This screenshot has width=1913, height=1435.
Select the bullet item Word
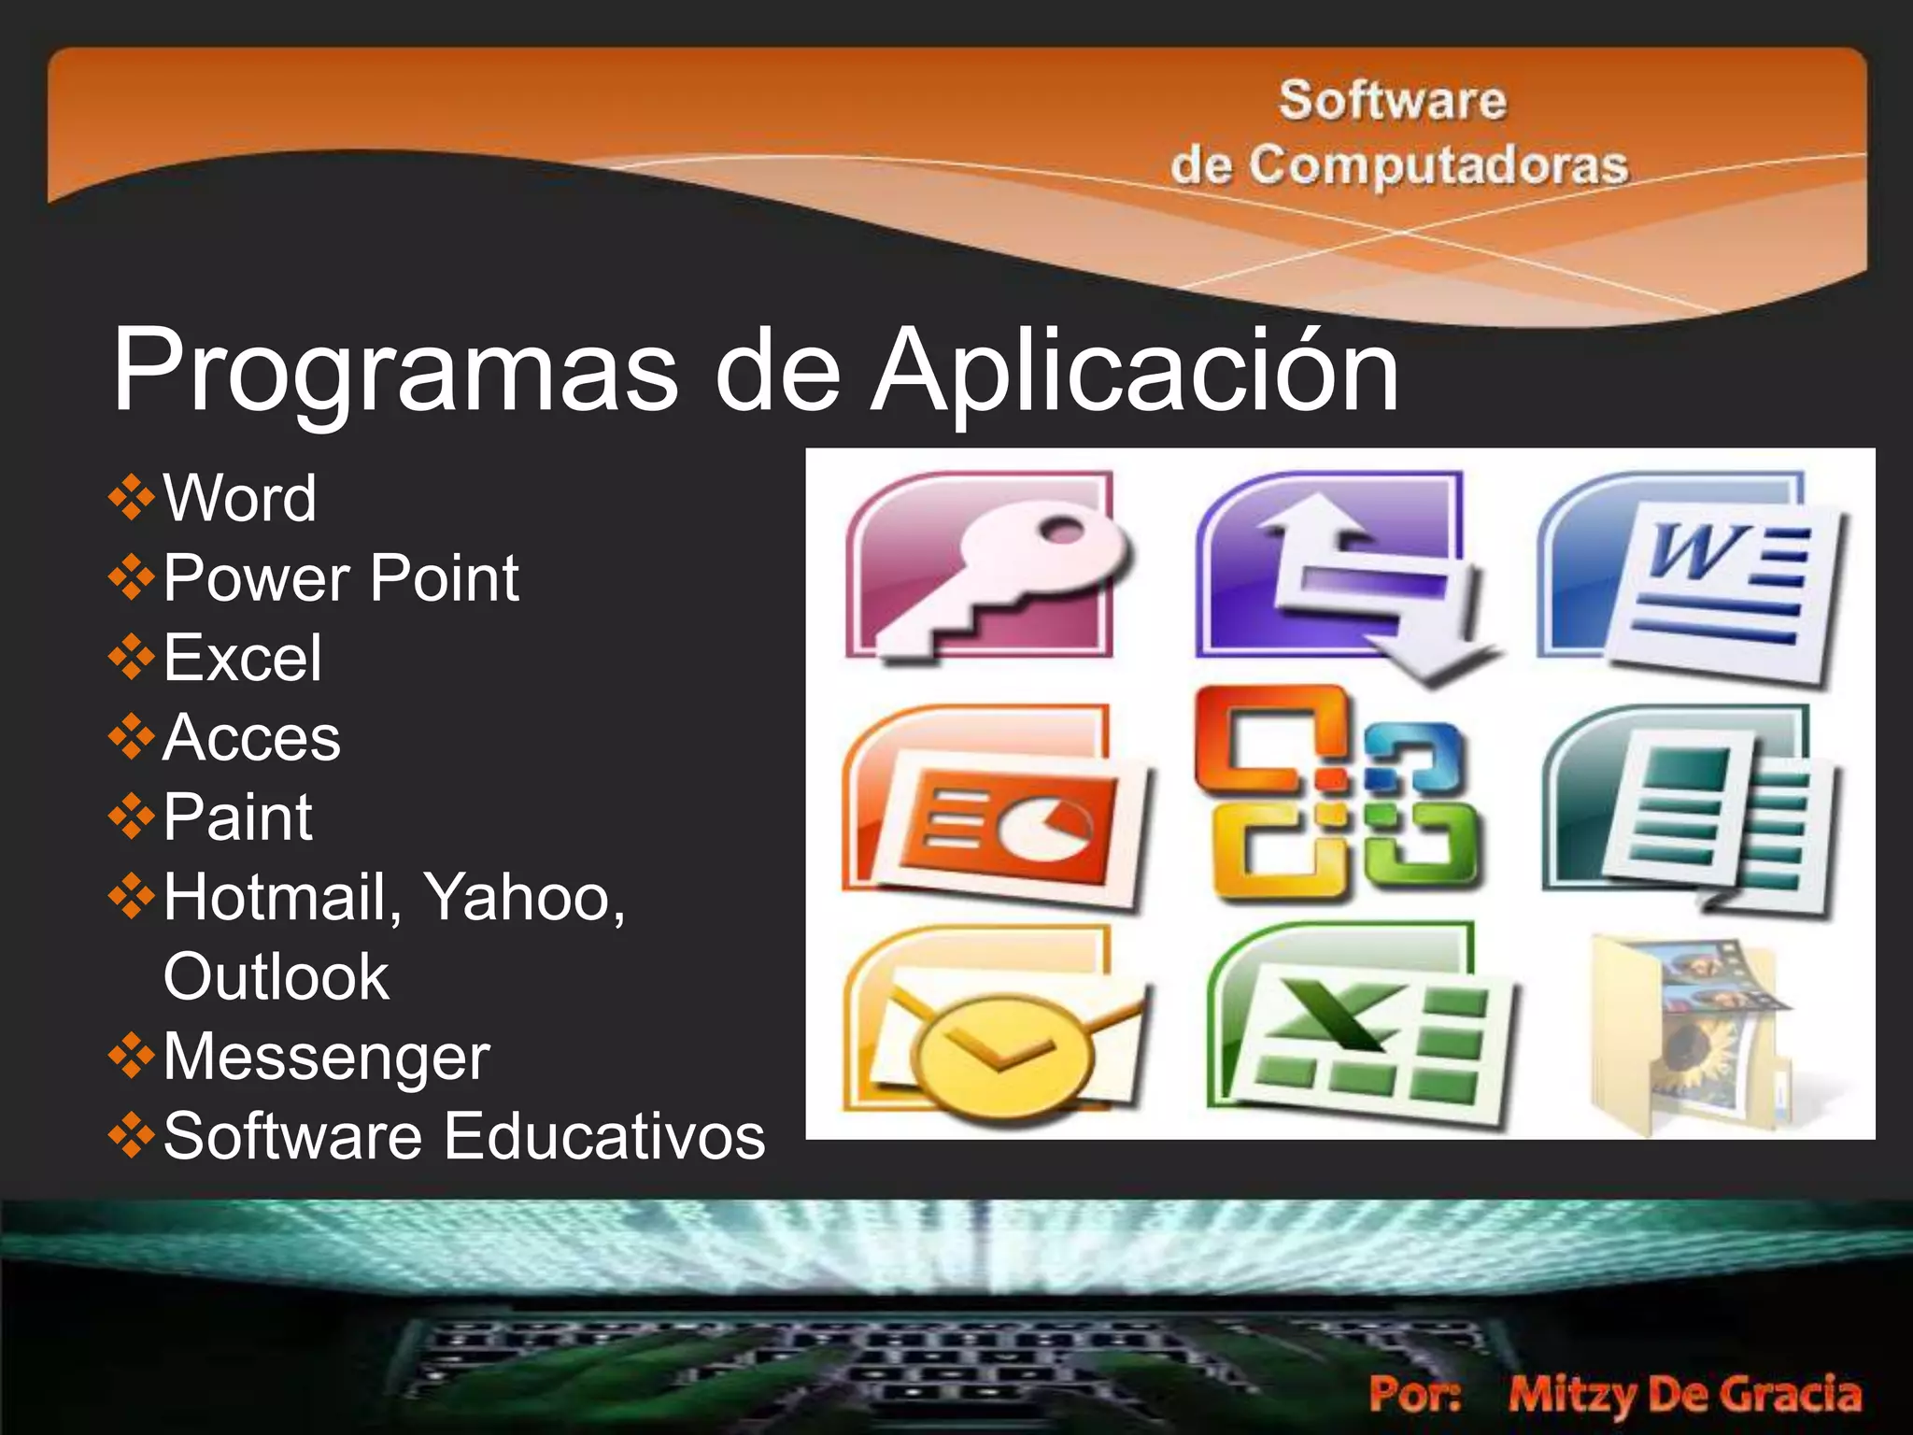239,498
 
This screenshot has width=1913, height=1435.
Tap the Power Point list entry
340,578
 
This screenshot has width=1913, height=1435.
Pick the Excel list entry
242,658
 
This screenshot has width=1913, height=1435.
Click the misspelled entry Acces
251,738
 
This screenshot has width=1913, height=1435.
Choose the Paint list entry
237,817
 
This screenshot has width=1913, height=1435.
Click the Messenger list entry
326,1057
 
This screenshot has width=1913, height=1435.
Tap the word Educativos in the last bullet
604,1137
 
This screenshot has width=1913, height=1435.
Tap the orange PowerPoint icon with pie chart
995,808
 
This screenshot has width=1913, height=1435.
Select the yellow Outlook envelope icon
995,1028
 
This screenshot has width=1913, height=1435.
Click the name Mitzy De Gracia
1684,1394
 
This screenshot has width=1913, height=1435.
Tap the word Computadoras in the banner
1438,166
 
